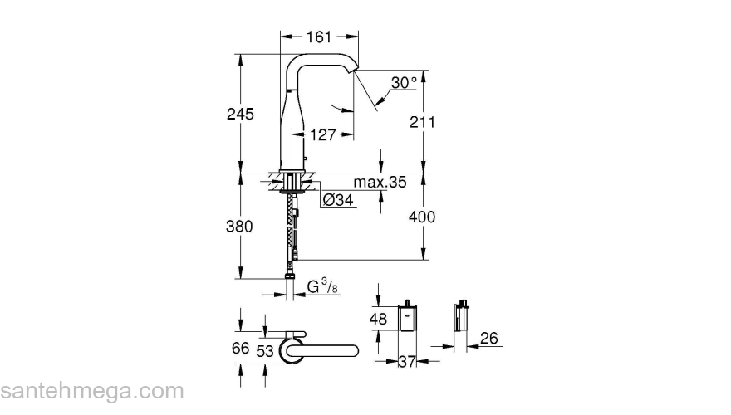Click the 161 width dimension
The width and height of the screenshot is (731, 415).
coord(319,37)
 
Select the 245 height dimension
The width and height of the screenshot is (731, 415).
coord(240,114)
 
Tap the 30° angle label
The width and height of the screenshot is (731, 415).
coord(405,83)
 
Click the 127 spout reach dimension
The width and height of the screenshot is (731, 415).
coord(323,134)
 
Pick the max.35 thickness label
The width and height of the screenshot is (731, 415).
coord(379,183)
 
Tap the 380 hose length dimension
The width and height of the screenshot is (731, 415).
coord(240,227)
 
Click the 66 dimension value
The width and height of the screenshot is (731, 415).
coord(240,349)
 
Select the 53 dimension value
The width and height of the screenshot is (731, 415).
coord(265,351)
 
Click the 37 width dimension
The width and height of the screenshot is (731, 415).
coord(407,361)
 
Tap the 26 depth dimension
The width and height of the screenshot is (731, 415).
coord(489,338)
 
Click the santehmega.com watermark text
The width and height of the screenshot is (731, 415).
coord(91,391)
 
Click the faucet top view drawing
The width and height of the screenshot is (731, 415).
coord(316,349)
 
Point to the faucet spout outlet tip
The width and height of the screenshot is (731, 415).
coord(355,73)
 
